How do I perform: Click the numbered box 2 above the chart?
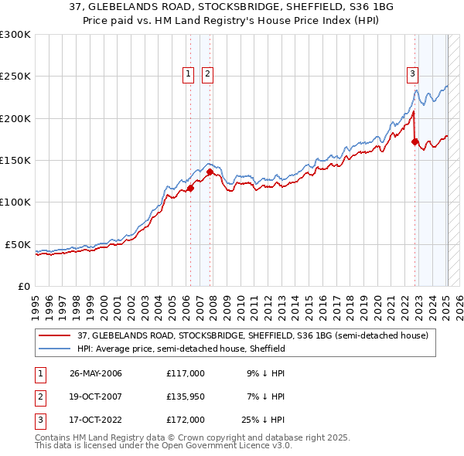tap(208, 74)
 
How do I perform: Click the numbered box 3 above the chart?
tap(412, 74)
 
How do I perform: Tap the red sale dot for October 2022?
tap(415, 141)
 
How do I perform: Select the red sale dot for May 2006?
tap(191, 188)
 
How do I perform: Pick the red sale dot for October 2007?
tap(210, 172)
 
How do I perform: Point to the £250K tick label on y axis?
tap(15, 77)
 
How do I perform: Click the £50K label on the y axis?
tap(18, 244)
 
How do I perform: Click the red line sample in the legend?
tap(56, 335)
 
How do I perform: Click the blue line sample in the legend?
tap(56, 349)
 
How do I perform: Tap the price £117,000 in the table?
tap(185, 373)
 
